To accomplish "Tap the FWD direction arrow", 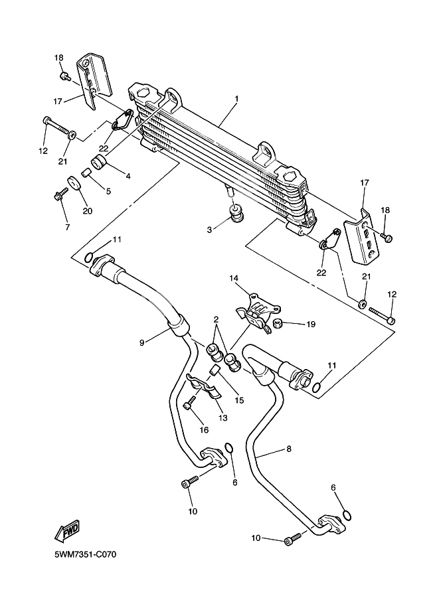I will [67, 530].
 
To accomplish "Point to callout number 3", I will [209, 229].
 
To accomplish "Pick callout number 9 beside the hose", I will [141, 342].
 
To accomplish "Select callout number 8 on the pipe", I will [289, 449].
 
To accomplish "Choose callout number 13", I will [222, 417].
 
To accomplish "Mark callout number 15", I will [239, 400].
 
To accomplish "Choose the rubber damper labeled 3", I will [235, 214].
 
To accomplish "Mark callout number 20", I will [86, 211].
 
